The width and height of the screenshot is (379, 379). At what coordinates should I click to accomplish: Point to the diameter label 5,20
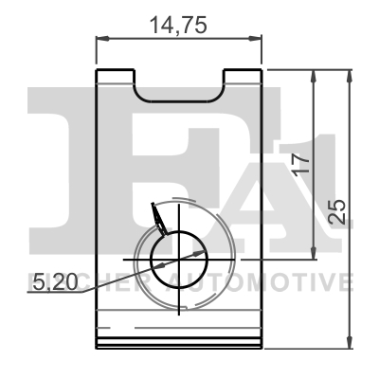(49, 281)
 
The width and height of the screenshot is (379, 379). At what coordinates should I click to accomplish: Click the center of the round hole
(177, 258)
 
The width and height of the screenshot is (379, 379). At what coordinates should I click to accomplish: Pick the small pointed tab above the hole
(159, 221)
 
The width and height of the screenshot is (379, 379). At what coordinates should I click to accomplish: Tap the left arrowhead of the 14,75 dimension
(102, 39)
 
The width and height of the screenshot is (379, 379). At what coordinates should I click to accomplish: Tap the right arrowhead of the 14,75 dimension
(256, 39)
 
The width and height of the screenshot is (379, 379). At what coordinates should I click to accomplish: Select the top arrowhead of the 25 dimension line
(352, 73)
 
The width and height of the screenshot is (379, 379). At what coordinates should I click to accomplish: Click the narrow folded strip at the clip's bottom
(179, 343)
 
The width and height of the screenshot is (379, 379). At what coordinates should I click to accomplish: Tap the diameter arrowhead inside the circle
(198, 253)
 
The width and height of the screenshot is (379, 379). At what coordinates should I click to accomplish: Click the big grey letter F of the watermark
(71, 171)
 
